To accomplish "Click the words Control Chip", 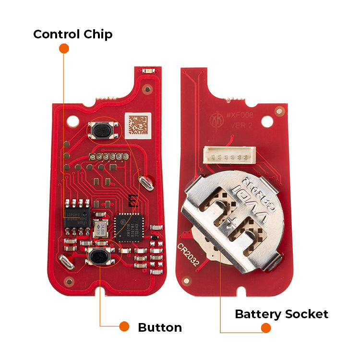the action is click(72, 35).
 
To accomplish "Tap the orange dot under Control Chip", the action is click(64, 48).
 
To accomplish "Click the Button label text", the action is click(160, 328).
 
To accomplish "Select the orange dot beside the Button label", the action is click(124, 326).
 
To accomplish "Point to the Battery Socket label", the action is click(281, 314).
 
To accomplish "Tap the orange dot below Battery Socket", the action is click(265, 328).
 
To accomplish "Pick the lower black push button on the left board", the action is click(99, 257).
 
